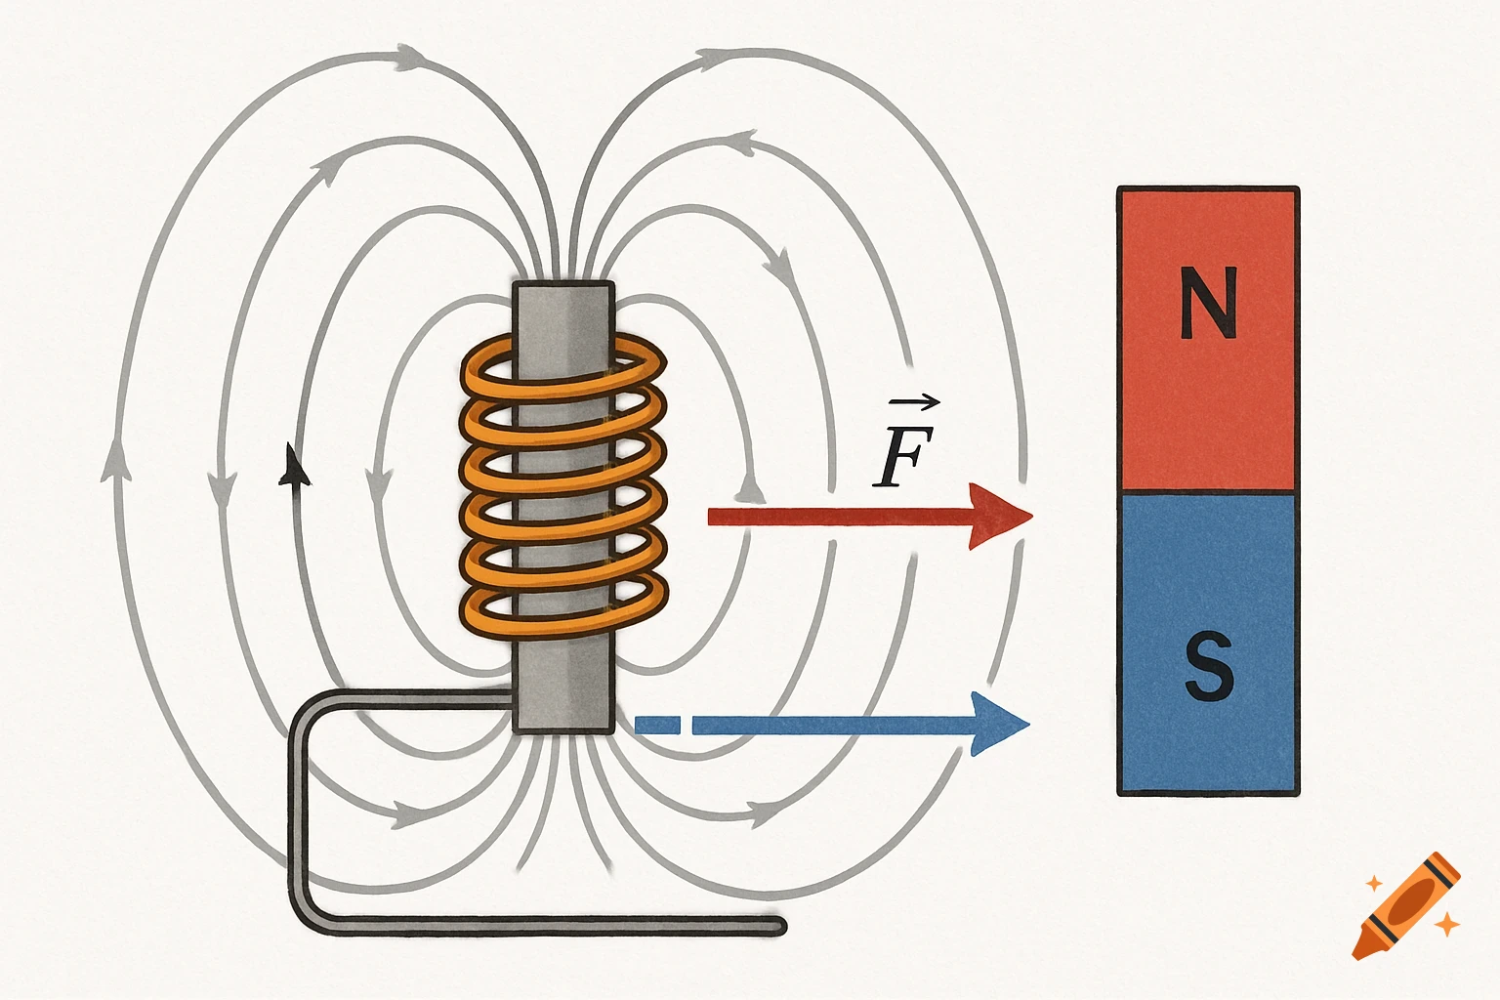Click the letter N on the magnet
(1208, 303)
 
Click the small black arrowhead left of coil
(293, 466)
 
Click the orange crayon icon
(1406, 905)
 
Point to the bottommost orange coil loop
(563, 605)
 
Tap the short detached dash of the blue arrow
(656, 725)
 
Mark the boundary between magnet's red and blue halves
(1208, 492)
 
